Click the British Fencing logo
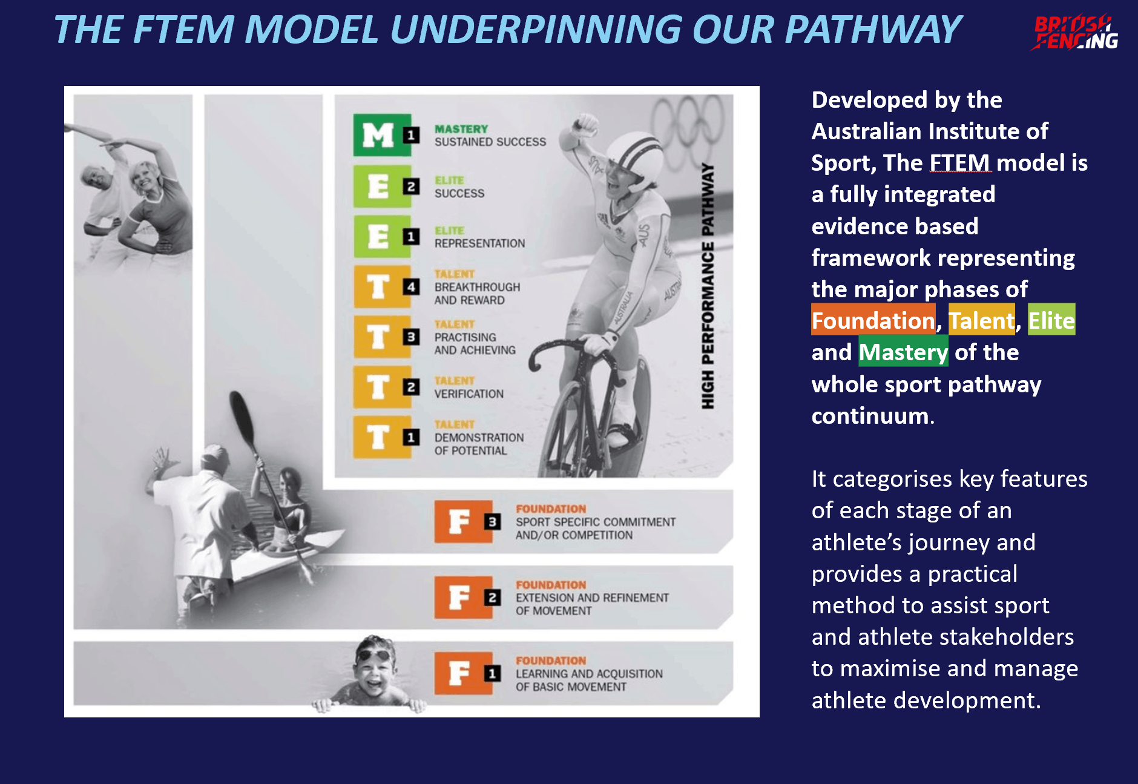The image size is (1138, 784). pos(1074,32)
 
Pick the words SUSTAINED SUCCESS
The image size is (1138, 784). pos(490,142)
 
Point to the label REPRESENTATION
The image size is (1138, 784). pos(479,243)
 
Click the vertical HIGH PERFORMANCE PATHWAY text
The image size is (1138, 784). pos(708,286)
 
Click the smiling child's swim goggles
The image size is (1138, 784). pos(374,655)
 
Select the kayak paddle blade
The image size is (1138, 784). pos(242,418)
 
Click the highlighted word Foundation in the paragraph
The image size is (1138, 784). pos(873,320)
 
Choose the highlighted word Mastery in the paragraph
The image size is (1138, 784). pos(903,352)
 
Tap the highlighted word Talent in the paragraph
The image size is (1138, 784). pos(981,320)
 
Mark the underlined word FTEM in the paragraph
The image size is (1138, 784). pos(960,162)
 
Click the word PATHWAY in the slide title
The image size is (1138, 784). pos(873,29)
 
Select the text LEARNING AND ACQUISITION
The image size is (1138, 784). pos(589,674)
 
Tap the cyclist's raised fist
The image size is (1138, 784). pos(585,125)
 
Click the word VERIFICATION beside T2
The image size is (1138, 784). pos(469,394)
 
